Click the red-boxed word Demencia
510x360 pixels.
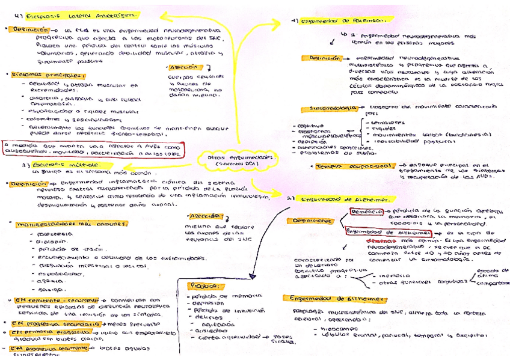[367, 212]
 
